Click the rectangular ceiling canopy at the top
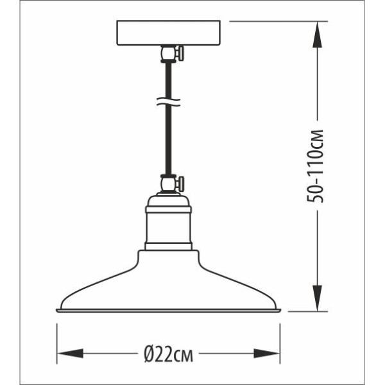168,33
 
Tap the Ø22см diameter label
168,354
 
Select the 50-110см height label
315,166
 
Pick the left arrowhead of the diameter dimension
70,354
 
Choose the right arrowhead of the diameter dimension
267,354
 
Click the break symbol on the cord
168,101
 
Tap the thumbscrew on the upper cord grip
180,53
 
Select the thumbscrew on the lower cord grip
180,183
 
